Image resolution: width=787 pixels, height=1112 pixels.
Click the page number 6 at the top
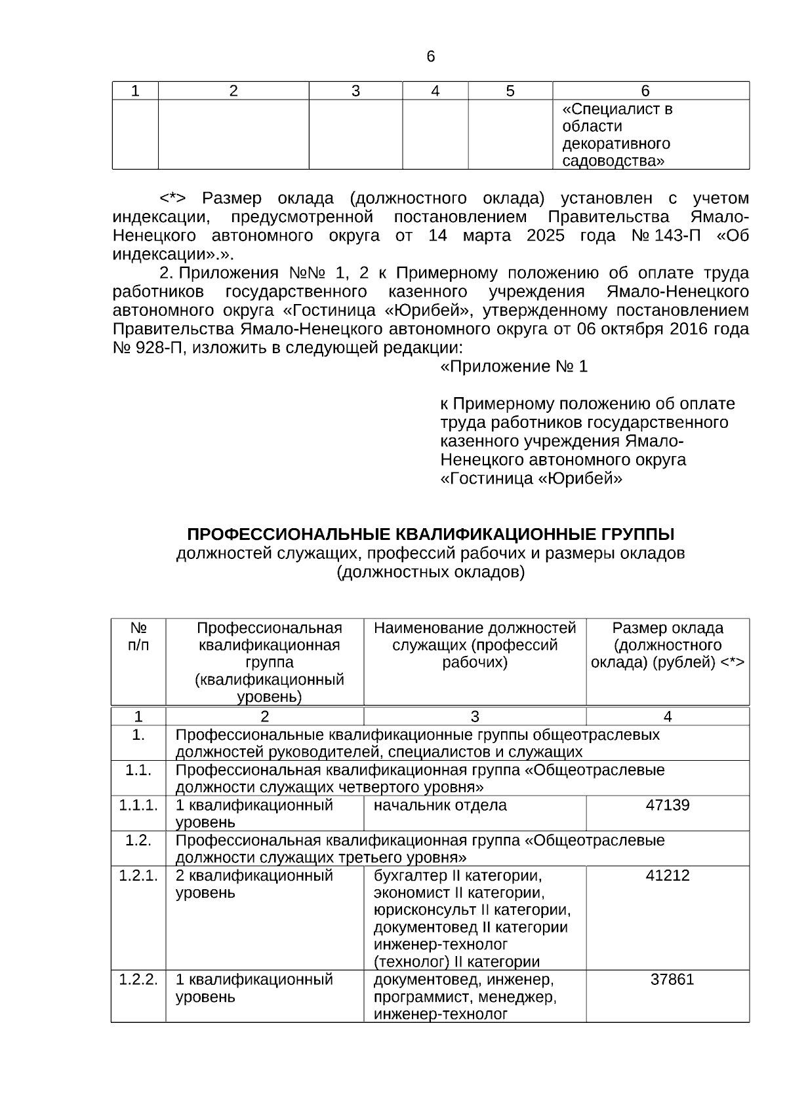click(x=430, y=57)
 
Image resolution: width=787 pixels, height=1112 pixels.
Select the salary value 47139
click(x=668, y=805)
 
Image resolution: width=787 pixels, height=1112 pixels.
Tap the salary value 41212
click(x=668, y=875)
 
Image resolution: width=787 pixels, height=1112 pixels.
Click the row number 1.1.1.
click(x=138, y=805)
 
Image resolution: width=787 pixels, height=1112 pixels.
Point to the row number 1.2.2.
click(x=138, y=980)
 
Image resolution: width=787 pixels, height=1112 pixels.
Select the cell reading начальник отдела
click(x=440, y=805)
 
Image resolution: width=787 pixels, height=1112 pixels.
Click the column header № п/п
click(x=138, y=636)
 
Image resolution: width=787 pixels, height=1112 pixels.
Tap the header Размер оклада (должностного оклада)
click(x=668, y=645)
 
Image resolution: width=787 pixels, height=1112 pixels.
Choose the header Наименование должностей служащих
click(x=475, y=645)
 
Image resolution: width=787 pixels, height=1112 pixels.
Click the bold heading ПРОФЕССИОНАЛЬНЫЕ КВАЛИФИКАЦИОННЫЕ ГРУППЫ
click(x=430, y=534)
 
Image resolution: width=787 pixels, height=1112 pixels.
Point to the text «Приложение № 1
click(x=514, y=367)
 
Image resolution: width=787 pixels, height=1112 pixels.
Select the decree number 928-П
click(x=148, y=348)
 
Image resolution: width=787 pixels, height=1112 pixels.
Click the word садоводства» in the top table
click(x=613, y=161)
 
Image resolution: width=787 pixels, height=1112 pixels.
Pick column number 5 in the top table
click(x=510, y=91)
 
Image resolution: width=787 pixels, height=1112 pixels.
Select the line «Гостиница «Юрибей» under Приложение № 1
click(x=531, y=479)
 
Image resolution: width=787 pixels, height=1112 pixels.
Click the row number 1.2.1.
click(x=138, y=875)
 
